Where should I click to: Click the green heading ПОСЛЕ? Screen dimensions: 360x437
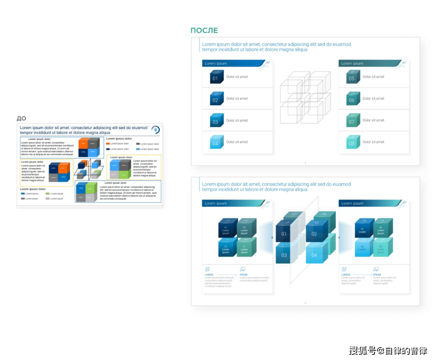coord(204,30)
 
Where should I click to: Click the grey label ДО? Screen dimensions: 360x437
coord(21,118)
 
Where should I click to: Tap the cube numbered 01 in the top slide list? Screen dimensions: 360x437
coord(215,77)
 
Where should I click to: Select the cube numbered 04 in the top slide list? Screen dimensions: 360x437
coord(215,143)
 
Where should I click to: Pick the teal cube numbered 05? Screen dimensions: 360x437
coord(352,77)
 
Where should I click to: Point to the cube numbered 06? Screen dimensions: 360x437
coord(352,99)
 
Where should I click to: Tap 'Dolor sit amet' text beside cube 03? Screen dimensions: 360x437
coord(237,120)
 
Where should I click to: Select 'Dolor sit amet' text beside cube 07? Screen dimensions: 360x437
coord(373,120)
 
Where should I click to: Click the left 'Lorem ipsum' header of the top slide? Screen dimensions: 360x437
coord(216,64)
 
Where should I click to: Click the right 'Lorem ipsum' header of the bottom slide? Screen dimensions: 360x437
coord(352,203)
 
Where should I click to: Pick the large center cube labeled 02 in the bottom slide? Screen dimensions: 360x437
coord(315,234)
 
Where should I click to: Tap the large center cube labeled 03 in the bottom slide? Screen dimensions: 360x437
coord(284,254)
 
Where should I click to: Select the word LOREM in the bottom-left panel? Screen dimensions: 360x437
coord(209,275)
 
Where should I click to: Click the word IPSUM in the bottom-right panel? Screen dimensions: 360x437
coord(377,275)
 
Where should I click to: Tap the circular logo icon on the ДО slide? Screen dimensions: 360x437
coord(156,130)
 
